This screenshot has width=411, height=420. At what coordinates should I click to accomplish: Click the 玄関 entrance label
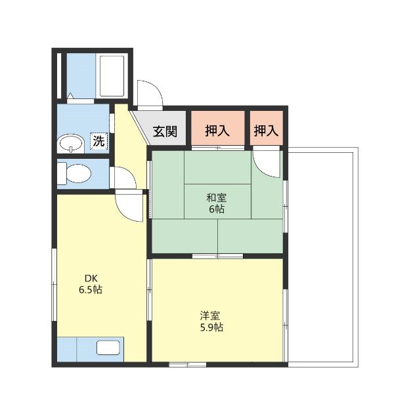tap(165, 131)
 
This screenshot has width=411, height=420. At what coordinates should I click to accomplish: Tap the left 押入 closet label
tap(217, 131)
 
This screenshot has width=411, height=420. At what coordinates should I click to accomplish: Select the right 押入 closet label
tap(266, 131)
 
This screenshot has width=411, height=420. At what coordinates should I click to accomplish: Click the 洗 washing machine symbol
tap(98, 140)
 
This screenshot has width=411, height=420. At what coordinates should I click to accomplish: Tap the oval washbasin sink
tap(70, 142)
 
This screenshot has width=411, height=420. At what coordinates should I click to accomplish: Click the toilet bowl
tap(76, 174)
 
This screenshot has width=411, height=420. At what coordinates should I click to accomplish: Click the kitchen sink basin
tap(108, 348)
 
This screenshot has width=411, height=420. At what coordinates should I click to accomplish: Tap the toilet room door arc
tap(123, 177)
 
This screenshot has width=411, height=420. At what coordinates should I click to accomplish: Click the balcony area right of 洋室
tap(322, 256)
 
